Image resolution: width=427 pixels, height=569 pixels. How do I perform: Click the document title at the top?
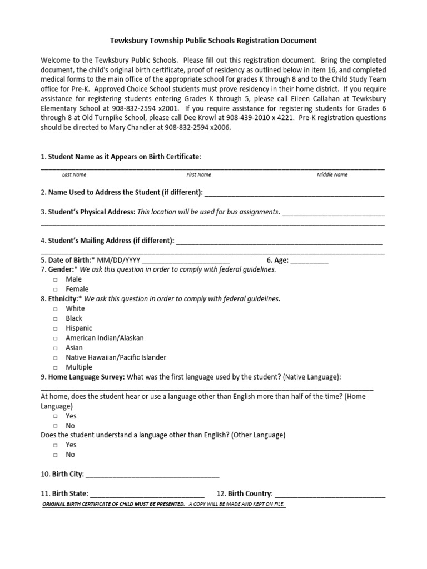tap(213, 41)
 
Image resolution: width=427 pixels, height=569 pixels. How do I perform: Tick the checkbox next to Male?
tap(56, 279)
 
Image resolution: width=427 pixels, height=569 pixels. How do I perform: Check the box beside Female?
tap(56, 290)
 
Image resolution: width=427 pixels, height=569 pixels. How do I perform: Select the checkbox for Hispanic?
tap(56, 328)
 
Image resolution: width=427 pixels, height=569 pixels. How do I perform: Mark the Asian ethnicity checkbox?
tap(56, 348)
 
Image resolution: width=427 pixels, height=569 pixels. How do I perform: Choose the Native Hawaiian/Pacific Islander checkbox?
tap(56, 358)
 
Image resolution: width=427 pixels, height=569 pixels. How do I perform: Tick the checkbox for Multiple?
tap(56, 368)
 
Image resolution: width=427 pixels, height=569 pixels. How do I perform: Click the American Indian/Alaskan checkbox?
tap(56, 338)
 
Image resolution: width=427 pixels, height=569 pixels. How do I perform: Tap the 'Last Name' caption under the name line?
tap(74, 174)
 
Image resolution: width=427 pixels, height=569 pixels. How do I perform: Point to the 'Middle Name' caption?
tap(332, 174)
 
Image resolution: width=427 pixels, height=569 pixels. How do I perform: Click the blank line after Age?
tap(309, 261)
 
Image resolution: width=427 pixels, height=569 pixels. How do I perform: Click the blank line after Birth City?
tap(152, 475)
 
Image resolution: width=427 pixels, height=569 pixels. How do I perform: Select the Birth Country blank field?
tap(330, 493)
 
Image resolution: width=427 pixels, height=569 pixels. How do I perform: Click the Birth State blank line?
tap(147, 493)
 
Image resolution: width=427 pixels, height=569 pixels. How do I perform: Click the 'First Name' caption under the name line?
tap(198, 174)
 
